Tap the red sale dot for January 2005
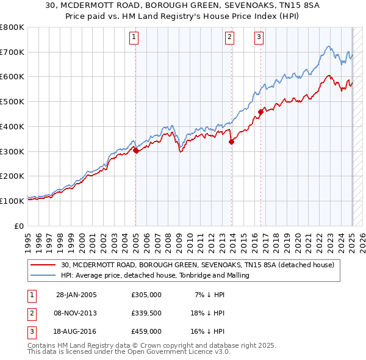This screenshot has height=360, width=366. click(135, 151)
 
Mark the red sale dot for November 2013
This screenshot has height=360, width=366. click(232, 142)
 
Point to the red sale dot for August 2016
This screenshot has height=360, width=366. click(260, 112)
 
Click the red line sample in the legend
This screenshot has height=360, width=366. click(43, 265)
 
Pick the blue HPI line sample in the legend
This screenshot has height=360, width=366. click(43, 276)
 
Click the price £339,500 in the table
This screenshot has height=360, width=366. click(146, 313)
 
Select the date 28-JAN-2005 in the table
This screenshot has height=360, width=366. click(76, 295)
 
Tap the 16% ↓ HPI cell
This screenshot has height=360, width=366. click(207, 331)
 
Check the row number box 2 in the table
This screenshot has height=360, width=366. click(30, 313)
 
